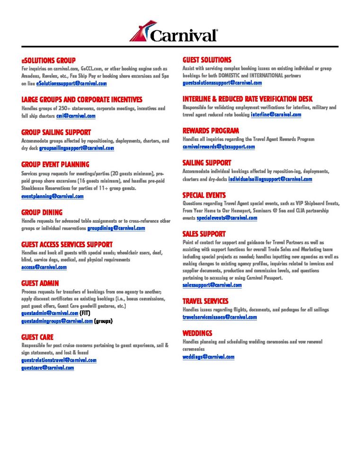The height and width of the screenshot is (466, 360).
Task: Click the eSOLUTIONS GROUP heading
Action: click(48, 61)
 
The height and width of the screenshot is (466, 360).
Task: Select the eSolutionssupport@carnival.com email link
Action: click(71, 83)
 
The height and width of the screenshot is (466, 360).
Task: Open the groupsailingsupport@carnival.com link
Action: click(76, 148)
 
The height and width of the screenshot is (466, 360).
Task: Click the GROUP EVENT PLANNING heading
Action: click(55, 165)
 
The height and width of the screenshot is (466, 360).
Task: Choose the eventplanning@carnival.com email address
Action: click(53, 196)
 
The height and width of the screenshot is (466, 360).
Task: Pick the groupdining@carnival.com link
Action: click(116, 228)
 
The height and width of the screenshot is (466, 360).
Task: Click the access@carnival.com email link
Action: click(44, 267)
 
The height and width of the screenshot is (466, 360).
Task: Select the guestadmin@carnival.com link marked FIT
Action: click(50, 313)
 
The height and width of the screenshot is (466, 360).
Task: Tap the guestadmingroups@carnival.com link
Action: click(57, 321)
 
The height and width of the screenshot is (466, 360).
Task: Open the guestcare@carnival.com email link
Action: click(48, 368)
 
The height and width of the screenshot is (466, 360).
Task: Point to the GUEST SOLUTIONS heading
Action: click(207, 60)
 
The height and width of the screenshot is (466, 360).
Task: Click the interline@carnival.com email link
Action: click(276, 114)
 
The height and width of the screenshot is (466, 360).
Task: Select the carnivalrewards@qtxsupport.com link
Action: click(219, 147)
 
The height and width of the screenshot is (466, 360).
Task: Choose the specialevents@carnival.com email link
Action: click(227, 218)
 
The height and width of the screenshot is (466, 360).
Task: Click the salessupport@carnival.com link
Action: click(212, 285)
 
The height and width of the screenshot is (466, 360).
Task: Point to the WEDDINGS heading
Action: click(197, 333)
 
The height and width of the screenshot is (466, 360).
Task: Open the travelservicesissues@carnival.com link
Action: click(220, 317)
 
